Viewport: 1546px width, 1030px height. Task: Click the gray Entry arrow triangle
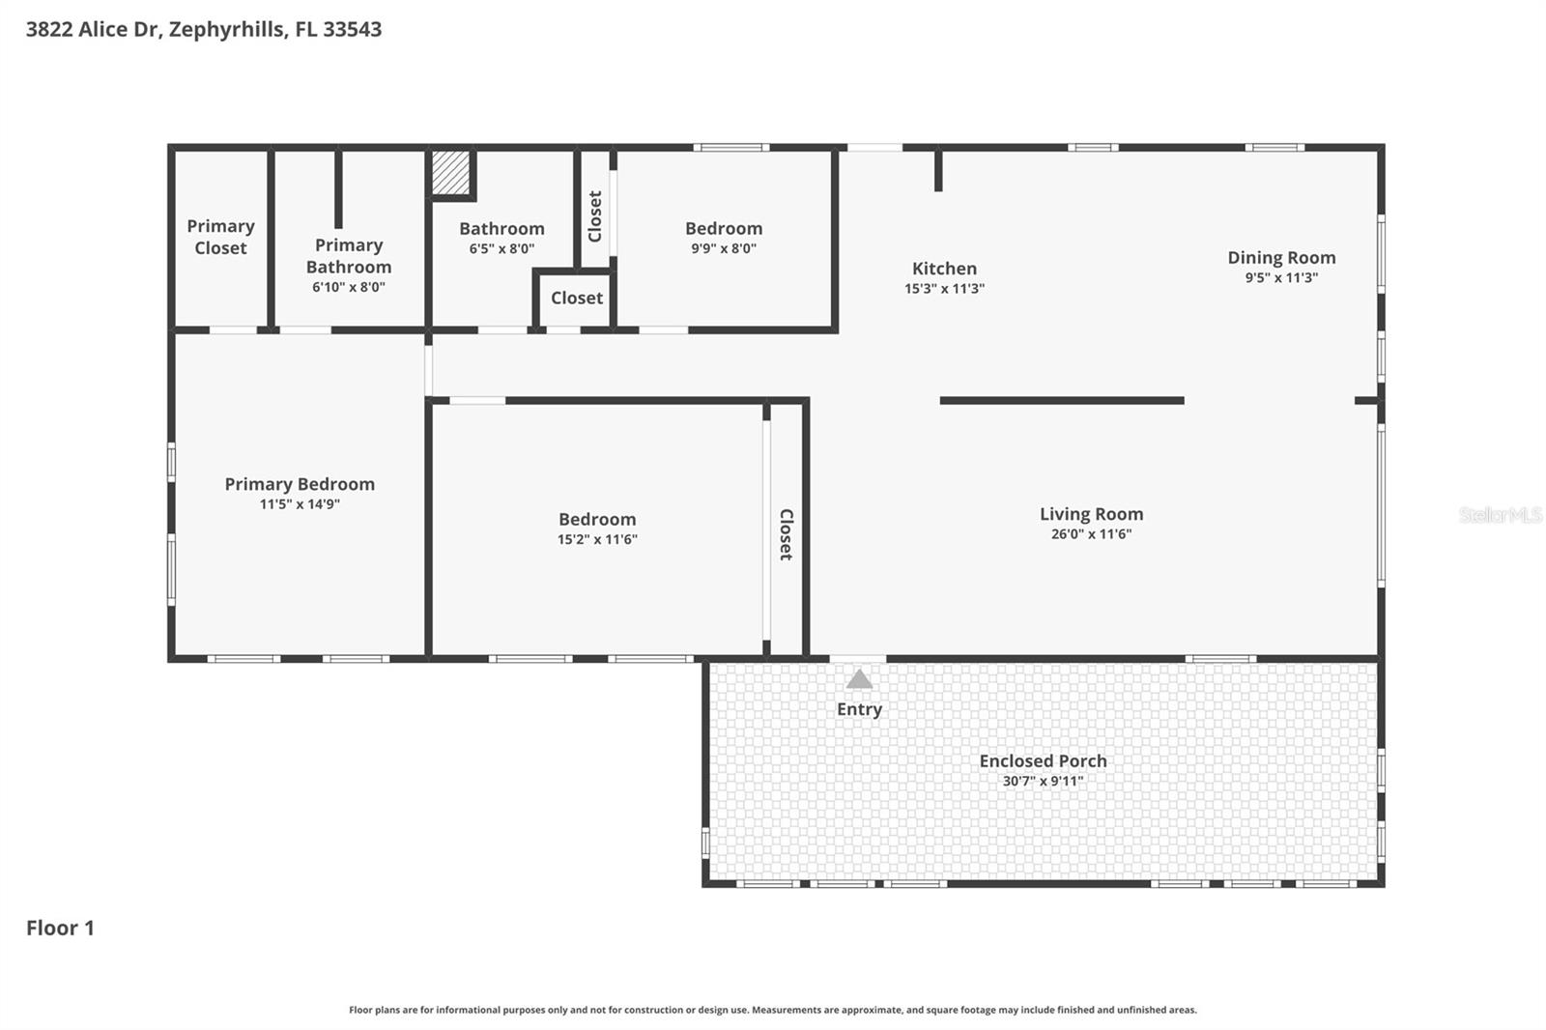(x=859, y=680)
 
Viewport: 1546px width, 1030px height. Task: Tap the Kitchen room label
(x=944, y=269)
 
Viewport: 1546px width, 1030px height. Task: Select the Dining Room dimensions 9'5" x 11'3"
(x=1281, y=278)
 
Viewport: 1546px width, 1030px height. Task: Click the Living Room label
(x=1091, y=514)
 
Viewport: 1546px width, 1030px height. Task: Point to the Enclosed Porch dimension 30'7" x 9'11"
(x=1043, y=781)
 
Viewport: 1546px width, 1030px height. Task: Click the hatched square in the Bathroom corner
(x=450, y=172)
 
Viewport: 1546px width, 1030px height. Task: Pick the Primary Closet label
(x=220, y=237)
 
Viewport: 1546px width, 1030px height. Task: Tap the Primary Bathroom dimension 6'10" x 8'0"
(x=348, y=287)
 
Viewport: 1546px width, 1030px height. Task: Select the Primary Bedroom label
(x=300, y=484)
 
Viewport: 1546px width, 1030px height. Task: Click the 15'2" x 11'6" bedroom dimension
(x=597, y=540)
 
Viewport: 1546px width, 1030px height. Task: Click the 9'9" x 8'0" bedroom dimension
(x=723, y=248)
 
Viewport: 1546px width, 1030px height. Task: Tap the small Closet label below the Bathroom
(x=577, y=299)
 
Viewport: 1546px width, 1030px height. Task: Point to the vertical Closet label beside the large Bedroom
(x=786, y=534)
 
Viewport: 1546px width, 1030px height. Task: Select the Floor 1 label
(x=60, y=928)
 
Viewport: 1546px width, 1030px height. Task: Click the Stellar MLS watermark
(x=1500, y=515)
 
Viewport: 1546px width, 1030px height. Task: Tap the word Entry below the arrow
(x=859, y=709)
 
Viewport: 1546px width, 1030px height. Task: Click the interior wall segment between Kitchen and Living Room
(x=1061, y=400)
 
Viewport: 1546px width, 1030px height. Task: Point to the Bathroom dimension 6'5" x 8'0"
(x=501, y=248)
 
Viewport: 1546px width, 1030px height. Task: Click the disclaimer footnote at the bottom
(x=772, y=1010)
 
